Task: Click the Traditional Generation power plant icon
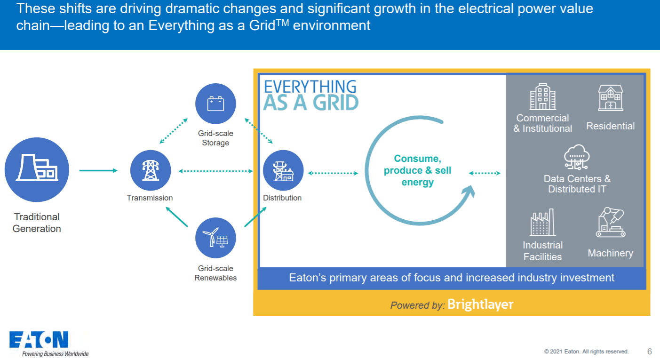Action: (37, 170)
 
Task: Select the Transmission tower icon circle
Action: (150, 170)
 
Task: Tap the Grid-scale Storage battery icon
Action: (215, 104)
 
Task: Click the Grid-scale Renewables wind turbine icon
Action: (215, 238)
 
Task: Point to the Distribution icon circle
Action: (283, 170)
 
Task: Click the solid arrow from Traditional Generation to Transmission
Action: (98, 170)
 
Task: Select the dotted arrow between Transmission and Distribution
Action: (216, 171)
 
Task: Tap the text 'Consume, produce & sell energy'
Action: (417, 170)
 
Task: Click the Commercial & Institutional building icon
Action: (542, 96)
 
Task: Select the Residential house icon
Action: (610, 98)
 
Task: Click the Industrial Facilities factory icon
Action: (542, 223)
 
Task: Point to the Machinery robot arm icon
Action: (610, 223)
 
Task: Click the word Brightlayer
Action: (480, 304)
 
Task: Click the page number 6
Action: (650, 352)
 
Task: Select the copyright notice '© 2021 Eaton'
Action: (586, 352)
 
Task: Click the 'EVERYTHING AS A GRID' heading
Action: (310, 95)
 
